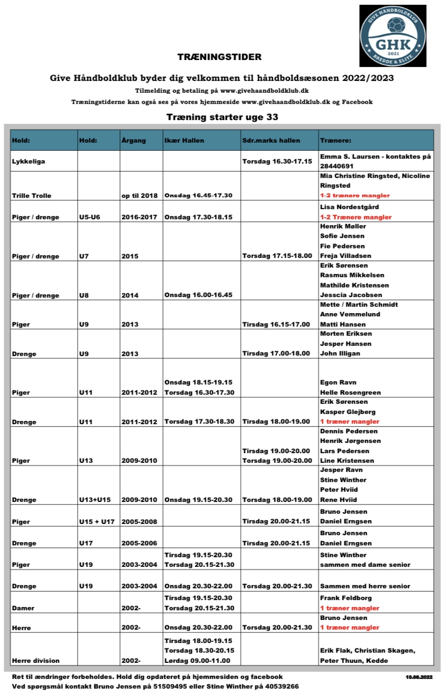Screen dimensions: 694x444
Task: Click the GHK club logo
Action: pos(393,36)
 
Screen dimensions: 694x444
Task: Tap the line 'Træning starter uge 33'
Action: pos(222,117)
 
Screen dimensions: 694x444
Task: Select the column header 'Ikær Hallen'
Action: pos(184,141)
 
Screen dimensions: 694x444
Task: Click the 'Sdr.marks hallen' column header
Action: pos(271,141)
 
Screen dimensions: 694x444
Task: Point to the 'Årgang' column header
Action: pos(134,141)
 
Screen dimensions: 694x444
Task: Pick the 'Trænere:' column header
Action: pos(336,141)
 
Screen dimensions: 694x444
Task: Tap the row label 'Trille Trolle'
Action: pos(32,196)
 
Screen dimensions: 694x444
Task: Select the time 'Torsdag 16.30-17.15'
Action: pos(277,161)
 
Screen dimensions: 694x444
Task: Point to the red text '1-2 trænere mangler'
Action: pos(355,196)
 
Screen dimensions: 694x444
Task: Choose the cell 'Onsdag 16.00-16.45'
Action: pos(197,295)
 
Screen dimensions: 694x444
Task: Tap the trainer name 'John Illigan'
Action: pos(340,353)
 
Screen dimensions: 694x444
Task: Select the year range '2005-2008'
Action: pos(139,521)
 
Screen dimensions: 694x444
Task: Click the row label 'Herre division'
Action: pos(36,661)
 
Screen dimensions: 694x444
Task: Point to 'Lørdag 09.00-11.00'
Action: pos(197,661)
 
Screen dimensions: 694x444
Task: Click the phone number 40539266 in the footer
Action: pos(279,686)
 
